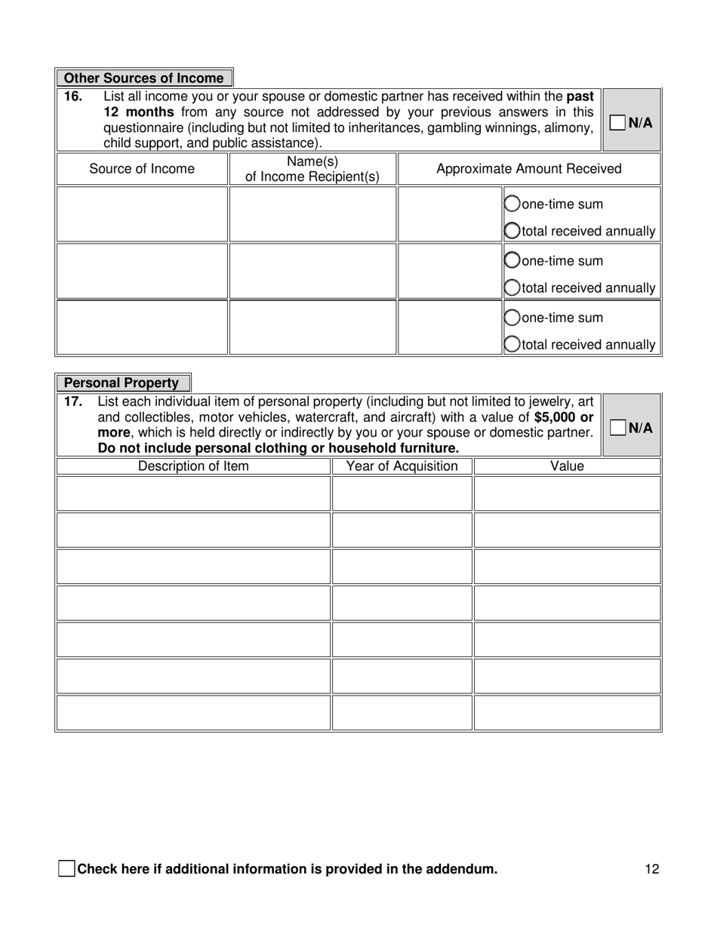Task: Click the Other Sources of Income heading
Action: (143, 78)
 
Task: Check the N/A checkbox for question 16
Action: (617, 122)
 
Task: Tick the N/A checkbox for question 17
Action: (617, 428)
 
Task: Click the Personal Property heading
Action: (122, 383)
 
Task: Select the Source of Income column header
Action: (142, 169)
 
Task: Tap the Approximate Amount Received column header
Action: (528, 169)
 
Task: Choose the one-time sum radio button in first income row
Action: (512, 204)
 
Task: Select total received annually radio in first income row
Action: (512, 231)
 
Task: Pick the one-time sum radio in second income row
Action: (512, 261)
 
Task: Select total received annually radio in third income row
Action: (512, 345)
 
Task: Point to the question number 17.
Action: (72, 402)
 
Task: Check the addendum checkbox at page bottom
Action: (66, 868)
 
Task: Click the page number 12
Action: (652, 869)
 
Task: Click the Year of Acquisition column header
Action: (402, 466)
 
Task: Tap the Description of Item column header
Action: (193, 466)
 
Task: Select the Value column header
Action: (567, 466)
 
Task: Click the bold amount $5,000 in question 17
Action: (554, 417)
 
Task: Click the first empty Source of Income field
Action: (142, 214)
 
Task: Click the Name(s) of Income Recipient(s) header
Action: (312, 169)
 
